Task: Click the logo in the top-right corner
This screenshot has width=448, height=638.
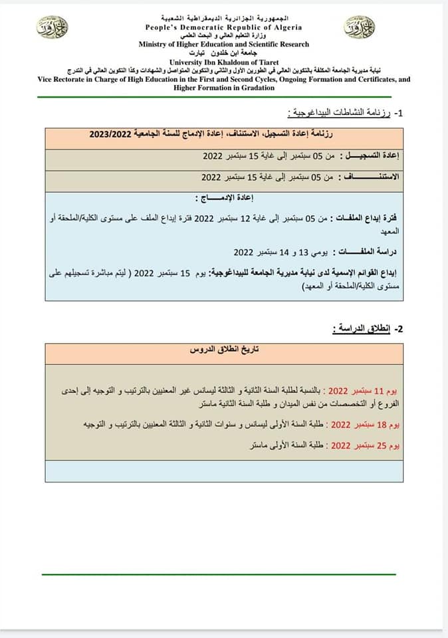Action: [x=359, y=27]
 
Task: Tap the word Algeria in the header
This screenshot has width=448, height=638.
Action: [x=285, y=28]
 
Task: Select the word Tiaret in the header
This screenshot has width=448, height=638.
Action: [x=265, y=61]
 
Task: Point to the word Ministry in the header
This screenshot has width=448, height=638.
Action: [x=155, y=45]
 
